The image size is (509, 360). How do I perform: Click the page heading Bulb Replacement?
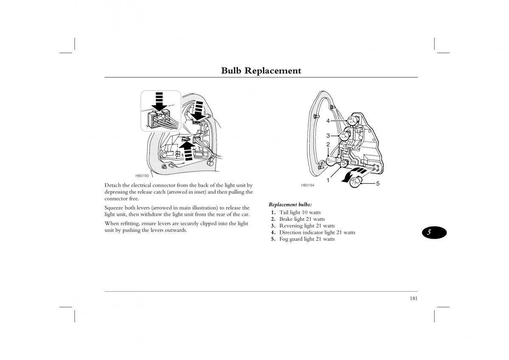[x=261, y=71]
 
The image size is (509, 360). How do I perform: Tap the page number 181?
[x=414, y=298]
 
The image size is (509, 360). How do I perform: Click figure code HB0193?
[x=142, y=175]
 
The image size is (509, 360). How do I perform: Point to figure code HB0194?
[x=308, y=186]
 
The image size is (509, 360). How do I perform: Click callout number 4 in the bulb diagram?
[x=328, y=121]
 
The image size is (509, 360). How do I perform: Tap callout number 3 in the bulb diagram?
[x=328, y=136]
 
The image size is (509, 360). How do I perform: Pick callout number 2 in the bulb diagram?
[x=328, y=145]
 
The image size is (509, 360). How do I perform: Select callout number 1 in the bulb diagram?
[x=328, y=180]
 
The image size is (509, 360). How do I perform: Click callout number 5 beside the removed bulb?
[x=378, y=183]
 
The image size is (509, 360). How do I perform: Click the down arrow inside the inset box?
[x=159, y=102]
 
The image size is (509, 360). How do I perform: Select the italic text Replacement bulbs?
[x=290, y=204]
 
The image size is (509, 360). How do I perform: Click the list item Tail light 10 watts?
[x=299, y=212]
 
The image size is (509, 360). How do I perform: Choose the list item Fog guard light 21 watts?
[x=307, y=239]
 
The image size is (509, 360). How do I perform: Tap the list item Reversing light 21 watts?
[x=307, y=226]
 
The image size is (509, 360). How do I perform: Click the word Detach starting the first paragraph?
[x=112, y=186]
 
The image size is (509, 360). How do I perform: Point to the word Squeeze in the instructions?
[x=115, y=208]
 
